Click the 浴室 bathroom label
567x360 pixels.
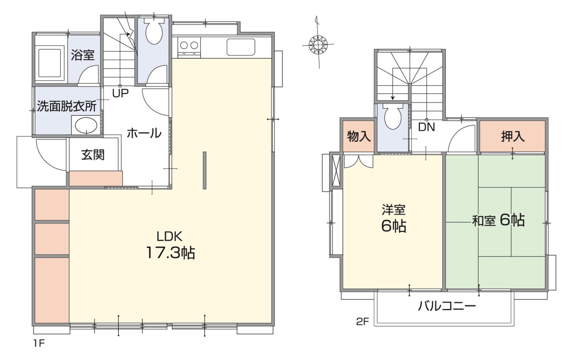pos(83,55)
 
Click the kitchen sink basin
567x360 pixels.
pos(241,47)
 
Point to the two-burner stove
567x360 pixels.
pos(189,47)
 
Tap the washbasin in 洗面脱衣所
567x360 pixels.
pos(86,125)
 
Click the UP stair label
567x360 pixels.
pos(120,94)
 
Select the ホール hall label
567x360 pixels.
pos(144,133)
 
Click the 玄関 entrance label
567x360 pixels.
pos(93,155)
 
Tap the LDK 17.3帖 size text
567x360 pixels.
pos(171,252)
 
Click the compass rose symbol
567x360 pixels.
pos(318,45)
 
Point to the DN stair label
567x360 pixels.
pos(427,127)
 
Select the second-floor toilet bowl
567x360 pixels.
pos(393,116)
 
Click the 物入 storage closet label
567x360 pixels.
pos(359,137)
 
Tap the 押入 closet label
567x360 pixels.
pos(513,137)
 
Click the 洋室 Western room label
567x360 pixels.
pos(394,210)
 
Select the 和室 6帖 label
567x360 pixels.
pos(498,220)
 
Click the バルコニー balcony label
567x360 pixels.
pos(447,306)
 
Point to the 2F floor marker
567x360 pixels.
pos(362,322)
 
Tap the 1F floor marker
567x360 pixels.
pos(39,344)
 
